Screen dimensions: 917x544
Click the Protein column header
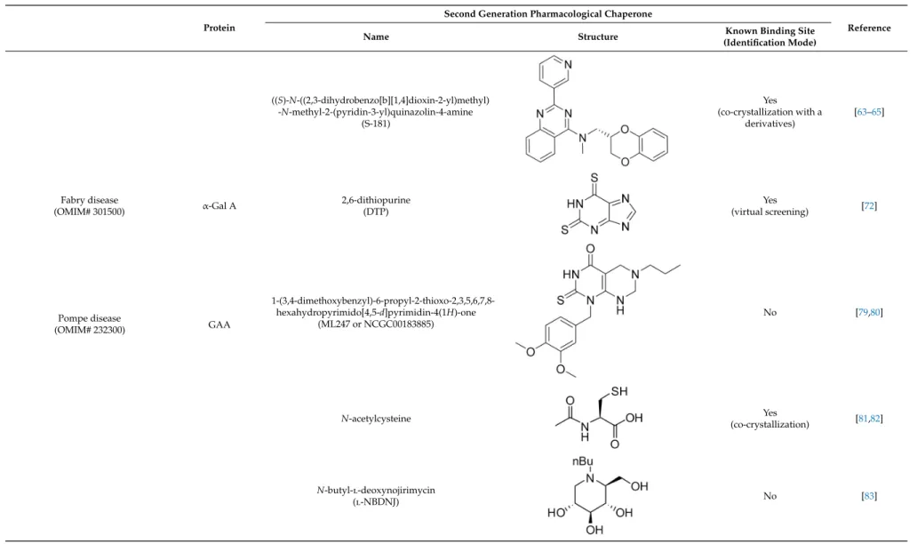[219, 28]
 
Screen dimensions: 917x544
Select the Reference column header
[868, 28]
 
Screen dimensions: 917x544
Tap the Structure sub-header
[598, 36]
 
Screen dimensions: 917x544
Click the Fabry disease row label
[90, 206]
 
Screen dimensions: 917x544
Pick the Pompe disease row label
[90, 324]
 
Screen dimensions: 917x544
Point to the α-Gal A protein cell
[219, 206]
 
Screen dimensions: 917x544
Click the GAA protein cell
[219, 324]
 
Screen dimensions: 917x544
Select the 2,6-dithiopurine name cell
[376, 206]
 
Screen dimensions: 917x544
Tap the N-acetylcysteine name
[376, 419]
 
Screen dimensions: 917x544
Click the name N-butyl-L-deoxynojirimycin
[376, 490]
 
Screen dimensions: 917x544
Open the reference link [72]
[869, 206]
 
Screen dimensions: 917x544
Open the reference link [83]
[869, 496]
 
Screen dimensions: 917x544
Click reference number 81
[863, 419]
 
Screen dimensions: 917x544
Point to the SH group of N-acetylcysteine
[618, 391]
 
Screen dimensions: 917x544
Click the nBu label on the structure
[583, 461]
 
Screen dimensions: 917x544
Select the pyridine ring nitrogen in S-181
[568, 65]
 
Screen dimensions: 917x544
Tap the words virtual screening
[769, 212]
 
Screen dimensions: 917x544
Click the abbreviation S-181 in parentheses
[376, 124]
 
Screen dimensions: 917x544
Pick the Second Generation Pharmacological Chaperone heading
[548, 14]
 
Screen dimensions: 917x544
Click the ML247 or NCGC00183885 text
[376, 324]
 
